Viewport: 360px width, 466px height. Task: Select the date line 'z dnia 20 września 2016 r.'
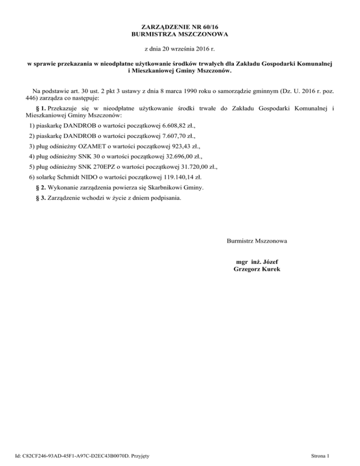point(180,49)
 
